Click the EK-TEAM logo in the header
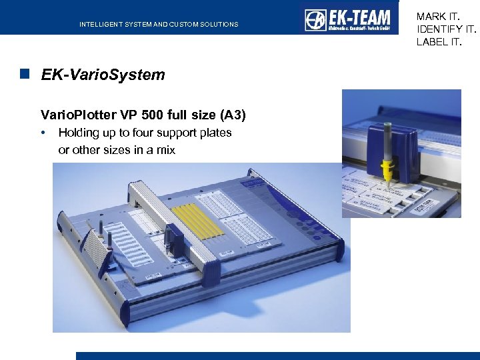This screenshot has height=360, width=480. [x=347, y=19]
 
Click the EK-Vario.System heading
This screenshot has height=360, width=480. [x=103, y=75]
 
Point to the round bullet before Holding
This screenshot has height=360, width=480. [x=43, y=133]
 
